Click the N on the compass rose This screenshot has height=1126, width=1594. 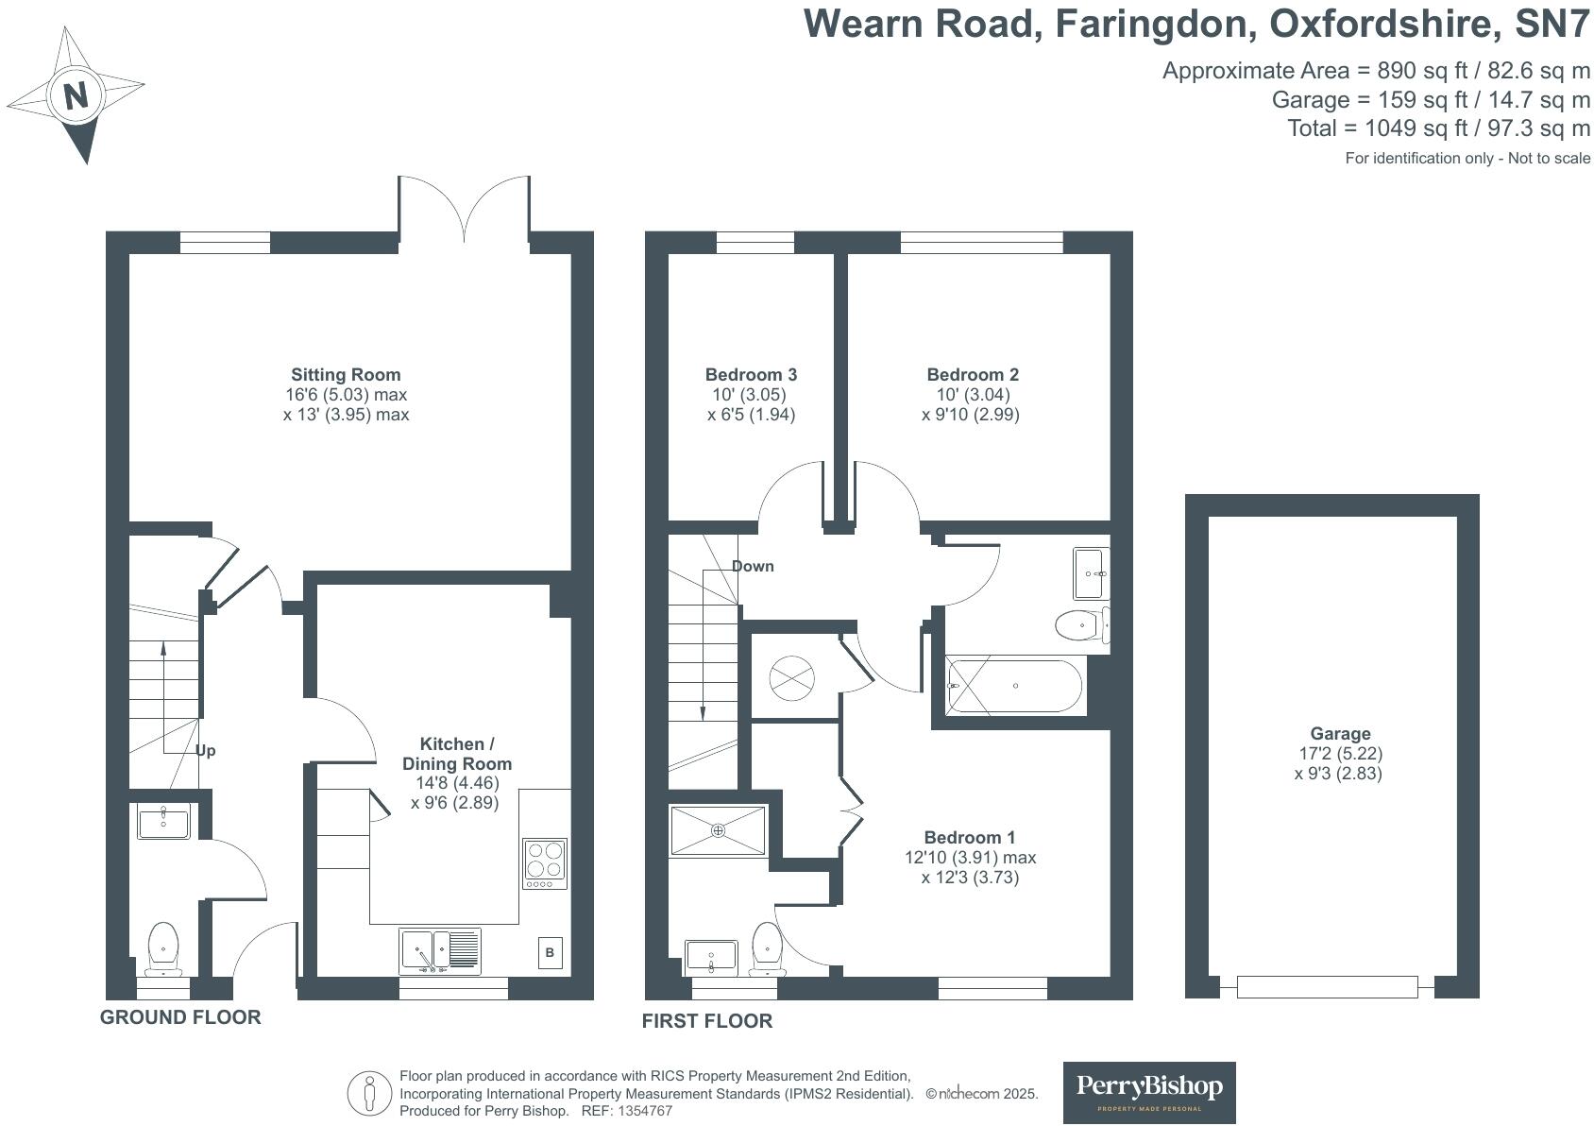click(x=76, y=95)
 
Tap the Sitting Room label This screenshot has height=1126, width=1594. click(x=346, y=374)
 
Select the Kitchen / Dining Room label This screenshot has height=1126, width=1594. click(x=457, y=754)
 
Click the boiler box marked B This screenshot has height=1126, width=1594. click(x=550, y=953)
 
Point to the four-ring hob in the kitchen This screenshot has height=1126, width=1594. click(x=545, y=863)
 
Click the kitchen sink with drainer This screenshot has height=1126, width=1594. click(x=440, y=950)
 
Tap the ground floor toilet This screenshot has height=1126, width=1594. click(x=163, y=947)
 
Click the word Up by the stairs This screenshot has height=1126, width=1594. click(x=205, y=751)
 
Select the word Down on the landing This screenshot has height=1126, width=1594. click(x=753, y=566)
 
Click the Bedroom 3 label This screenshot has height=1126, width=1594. click(x=751, y=374)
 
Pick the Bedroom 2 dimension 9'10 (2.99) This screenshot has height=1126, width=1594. click(x=971, y=415)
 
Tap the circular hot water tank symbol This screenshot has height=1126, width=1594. click(x=791, y=676)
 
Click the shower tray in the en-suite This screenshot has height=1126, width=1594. click(x=718, y=830)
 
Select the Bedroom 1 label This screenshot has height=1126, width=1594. click(x=969, y=837)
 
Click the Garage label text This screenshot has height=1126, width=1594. click(x=1340, y=733)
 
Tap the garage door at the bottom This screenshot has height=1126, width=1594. click(x=1327, y=987)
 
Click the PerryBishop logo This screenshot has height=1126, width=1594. click(x=1149, y=1092)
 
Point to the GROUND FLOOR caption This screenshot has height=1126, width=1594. click(x=180, y=1017)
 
